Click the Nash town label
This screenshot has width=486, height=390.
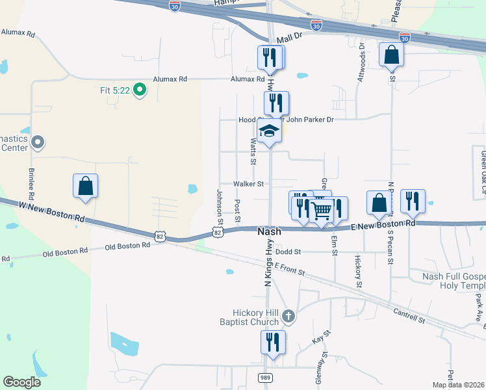(x=270, y=231)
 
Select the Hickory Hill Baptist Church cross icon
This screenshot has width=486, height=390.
(x=289, y=317)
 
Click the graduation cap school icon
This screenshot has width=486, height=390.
(x=269, y=131)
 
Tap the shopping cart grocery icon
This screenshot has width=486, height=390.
(x=321, y=209)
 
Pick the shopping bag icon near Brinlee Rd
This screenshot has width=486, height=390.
(x=86, y=186)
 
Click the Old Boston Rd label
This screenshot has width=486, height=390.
(x=65, y=251)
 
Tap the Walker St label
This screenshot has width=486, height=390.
(x=249, y=183)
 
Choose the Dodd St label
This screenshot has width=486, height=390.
(x=288, y=252)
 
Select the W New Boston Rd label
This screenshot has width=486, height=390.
(x=42, y=211)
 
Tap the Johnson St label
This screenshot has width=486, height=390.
(x=220, y=204)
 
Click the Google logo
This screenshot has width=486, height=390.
(x=22, y=382)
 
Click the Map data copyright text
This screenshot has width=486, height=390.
(x=458, y=385)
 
